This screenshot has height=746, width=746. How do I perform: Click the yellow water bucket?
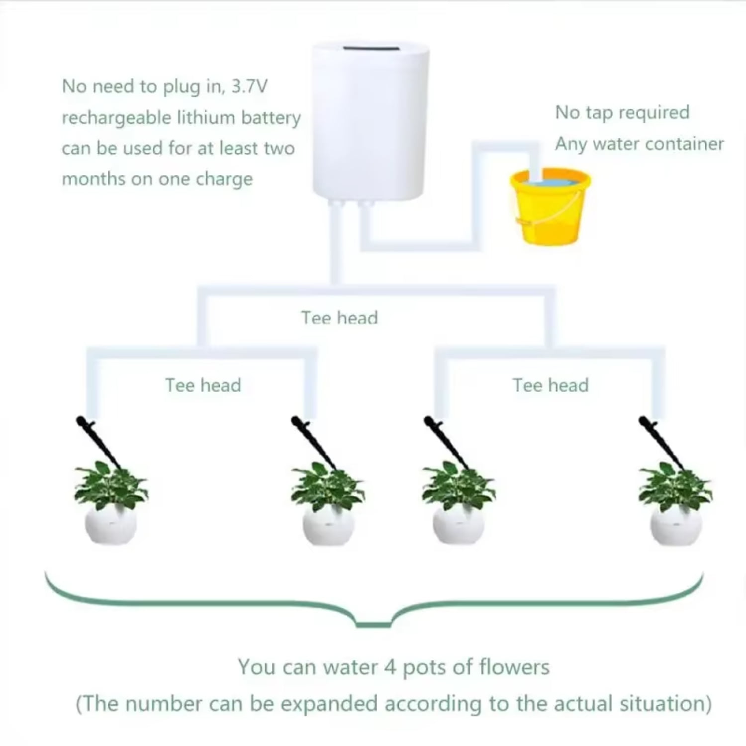click(x=550, y=209)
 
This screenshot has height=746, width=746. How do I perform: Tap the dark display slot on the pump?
click(x=371, y=49)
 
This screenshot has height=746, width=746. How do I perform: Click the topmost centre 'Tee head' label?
click(x=340, y=318)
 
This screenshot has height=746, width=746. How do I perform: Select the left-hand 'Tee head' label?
click(x=203, y=385)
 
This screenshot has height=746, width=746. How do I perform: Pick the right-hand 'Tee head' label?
click(x=551, y=385)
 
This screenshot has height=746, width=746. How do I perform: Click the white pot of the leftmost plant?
click(x=110, y=525)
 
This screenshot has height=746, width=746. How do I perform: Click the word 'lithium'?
click(x=206, y=118)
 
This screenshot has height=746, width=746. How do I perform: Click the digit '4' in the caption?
click(x=390, y=667)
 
